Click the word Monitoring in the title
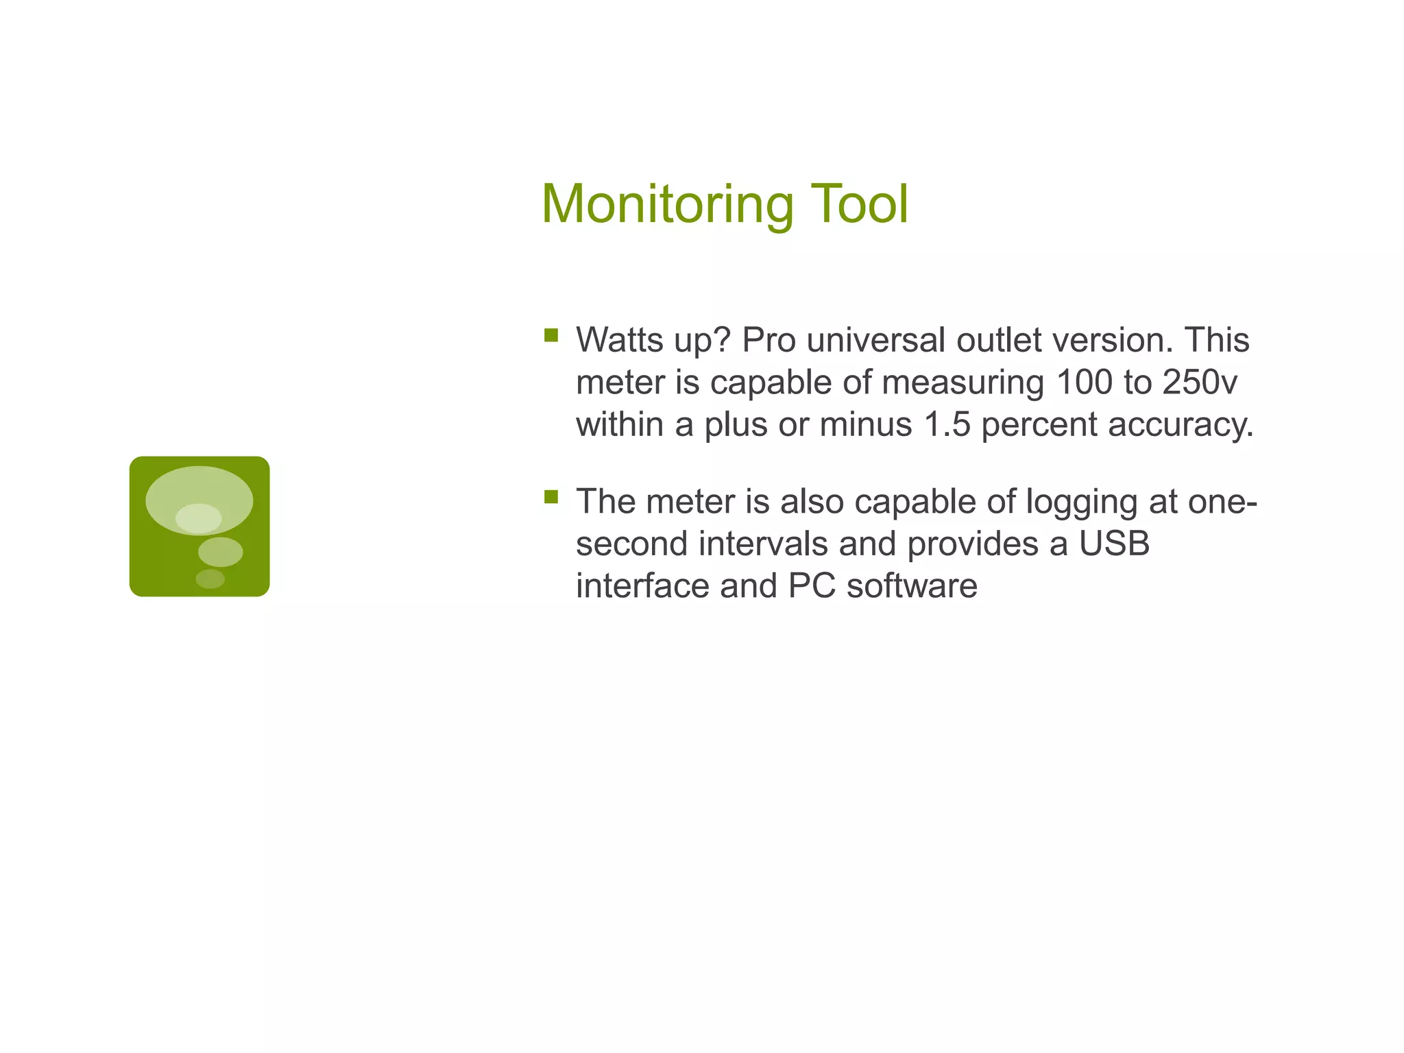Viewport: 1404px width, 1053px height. point(667,204)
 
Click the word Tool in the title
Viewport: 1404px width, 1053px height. point(860,204)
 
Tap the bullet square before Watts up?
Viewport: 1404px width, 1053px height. point(551,335)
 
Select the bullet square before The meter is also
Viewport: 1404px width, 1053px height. point(551,496)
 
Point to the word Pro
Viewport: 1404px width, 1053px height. point(768,340)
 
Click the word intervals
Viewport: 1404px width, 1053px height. point(764,544)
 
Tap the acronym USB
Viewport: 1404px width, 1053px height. point(1114,544)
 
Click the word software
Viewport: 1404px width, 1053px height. point(912,586)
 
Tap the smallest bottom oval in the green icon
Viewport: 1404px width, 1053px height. point(210,579)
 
